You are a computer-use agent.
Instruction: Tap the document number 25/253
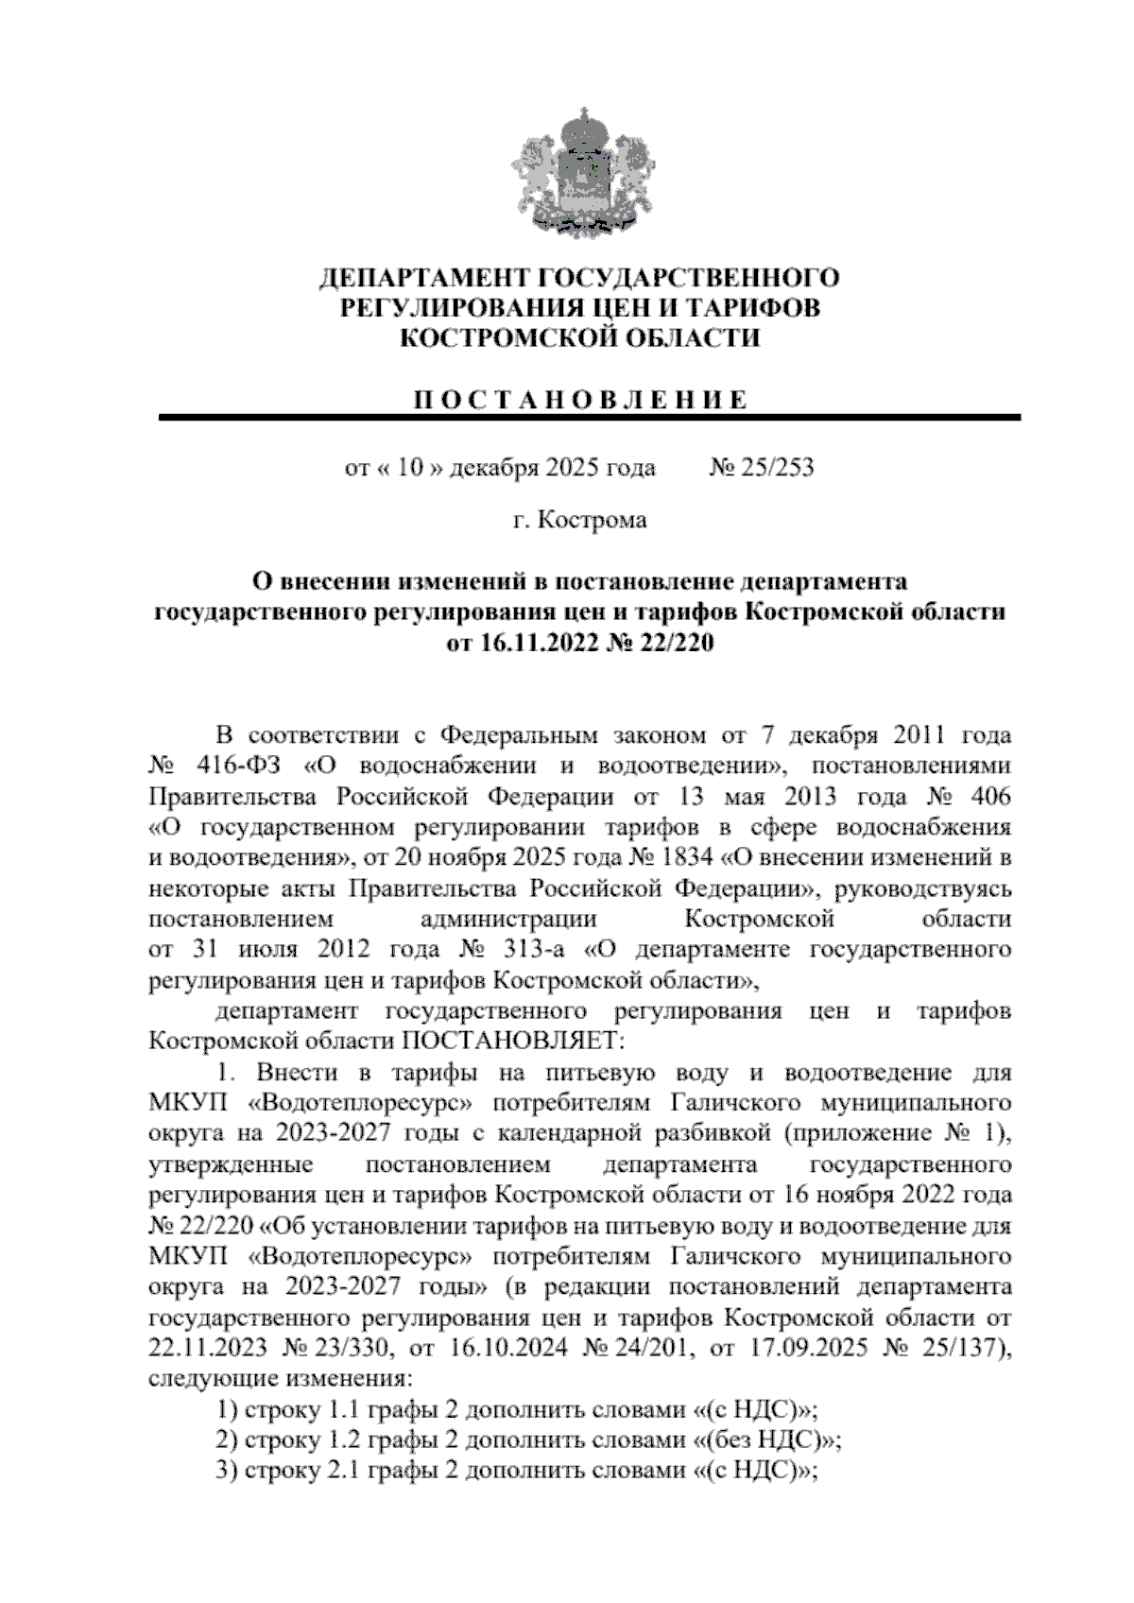778,468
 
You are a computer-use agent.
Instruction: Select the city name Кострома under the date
593,521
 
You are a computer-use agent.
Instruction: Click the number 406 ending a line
988,796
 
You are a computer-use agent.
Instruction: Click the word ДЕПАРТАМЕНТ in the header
423,278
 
